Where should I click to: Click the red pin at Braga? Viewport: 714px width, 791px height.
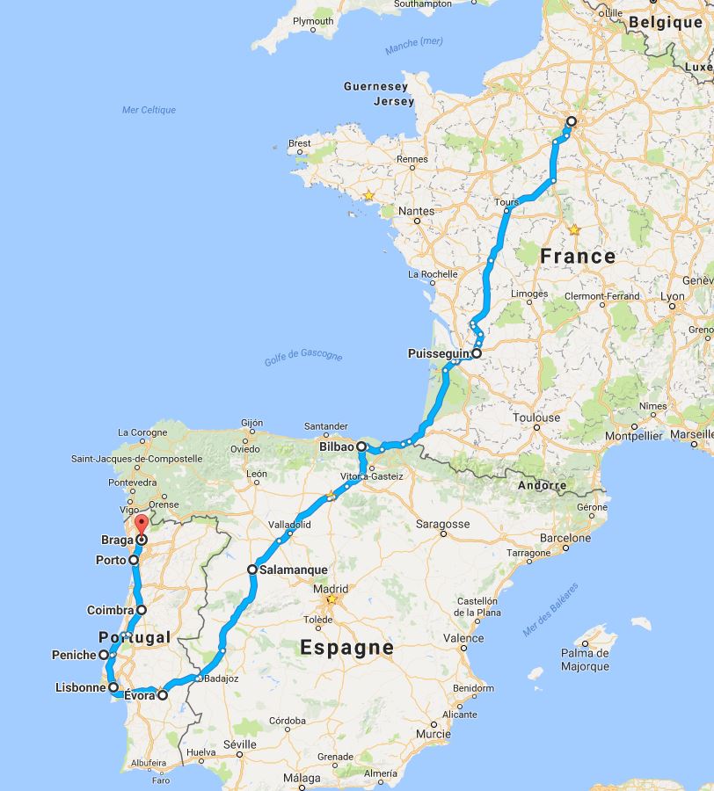tap(141, 527)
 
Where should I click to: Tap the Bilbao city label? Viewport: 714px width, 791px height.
tap(336, 446)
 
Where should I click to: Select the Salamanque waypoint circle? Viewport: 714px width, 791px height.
tap(252, 570)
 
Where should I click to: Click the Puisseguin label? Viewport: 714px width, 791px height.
tap(439, 354)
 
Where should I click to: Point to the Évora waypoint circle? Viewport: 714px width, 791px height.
tap(163, 695)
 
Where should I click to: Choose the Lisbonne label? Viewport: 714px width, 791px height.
tap(80, 687)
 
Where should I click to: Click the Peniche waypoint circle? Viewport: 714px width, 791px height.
tap(104, 655)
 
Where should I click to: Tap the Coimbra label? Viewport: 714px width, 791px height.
tap(110, 609)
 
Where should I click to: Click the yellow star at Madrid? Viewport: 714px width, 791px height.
tap(331, 600)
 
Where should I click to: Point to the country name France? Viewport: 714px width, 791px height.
tap(577, 257)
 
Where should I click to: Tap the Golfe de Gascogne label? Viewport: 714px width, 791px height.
tap(303, 357)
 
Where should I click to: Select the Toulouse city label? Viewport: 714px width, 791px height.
tap(536, 418)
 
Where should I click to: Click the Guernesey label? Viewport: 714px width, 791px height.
tap(375, 87)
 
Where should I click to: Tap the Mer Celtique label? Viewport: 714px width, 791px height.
tap(149, 110)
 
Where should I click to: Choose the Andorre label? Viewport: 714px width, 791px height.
tap(540, 485)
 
